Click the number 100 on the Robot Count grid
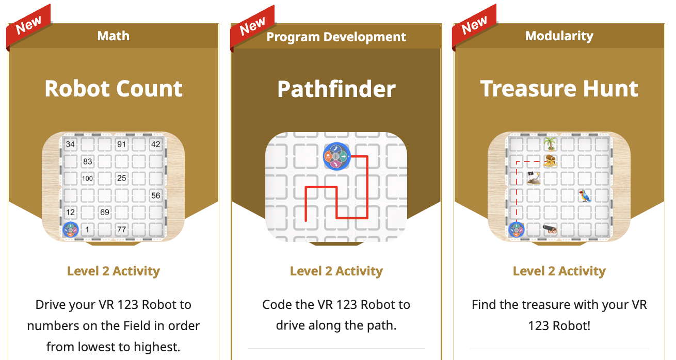pos(88,178)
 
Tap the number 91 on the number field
pos(121,144)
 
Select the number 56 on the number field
pos(156,195)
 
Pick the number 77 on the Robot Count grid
pos(121,230)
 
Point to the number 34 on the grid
pos(70,144)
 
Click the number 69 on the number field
pos(104,212)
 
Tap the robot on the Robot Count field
pos(71,230)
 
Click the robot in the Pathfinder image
pos(336,156)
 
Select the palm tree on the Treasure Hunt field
pos(550,144)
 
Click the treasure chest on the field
pos(551,161)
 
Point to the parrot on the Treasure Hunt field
pos(585,195)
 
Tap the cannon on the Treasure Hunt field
pos(550,230)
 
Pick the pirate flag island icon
pos(533,178)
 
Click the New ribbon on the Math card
pos(29,25)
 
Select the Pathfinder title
pos(336,89)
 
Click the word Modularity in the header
pos(559,36)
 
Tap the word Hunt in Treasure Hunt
pos(610,89)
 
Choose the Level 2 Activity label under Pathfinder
pos(336,271)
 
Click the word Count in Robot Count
pos(149,89)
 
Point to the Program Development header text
pos(336,37)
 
